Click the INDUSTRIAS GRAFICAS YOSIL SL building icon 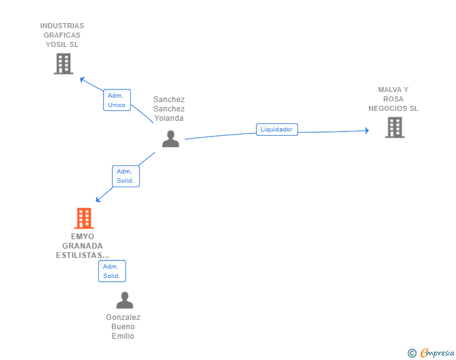(x=63, y=64)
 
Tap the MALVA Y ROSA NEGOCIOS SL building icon (x=395, y=127)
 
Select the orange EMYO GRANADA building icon (x=84, y=218)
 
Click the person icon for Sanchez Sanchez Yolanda (x=171, y=139)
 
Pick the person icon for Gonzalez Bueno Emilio (x=125, y=300)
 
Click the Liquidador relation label (x=277, y=130)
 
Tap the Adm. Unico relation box (x=117, y=100)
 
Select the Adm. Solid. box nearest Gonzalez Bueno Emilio (x=112, y=271)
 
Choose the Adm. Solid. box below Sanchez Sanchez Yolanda (x=126, y=176)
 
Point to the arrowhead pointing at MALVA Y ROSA (x=367, y=131)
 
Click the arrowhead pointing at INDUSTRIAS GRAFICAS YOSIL (x=82, y=79)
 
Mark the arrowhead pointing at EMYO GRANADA (x=98, y=199)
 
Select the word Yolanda (x=169, y=118)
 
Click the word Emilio (x=123, y=336)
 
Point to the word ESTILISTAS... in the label (x=83, y=255)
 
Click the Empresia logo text (x=437, y=352)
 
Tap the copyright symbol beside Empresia (x=412, y=353)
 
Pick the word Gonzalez (x=123, y=317)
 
